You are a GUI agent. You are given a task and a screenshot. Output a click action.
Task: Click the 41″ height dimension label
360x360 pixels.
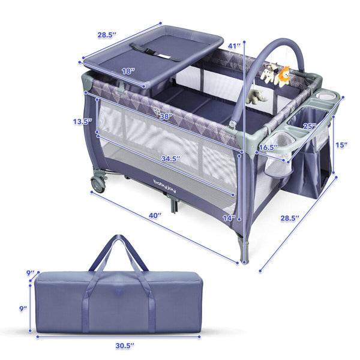(x=234, y=46)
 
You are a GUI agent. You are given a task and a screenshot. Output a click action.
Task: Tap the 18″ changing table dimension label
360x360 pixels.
(x=128, y=71)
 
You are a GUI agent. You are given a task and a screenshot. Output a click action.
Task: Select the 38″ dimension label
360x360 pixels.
(x=166, y=116)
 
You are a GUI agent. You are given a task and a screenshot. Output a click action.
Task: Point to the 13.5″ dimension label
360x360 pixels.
(x=83, y=121)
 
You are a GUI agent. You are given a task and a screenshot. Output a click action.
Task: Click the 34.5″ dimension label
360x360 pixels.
(x=170, y=158)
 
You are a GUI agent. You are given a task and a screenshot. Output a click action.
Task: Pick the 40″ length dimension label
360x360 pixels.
(x=155, y=215)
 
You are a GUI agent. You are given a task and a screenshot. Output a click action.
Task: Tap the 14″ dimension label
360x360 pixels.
(x=229, y=218)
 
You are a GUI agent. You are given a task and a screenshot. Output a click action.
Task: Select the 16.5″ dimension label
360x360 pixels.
(x=268, y=147)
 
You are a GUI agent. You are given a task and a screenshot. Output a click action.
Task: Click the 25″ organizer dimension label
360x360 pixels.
(x=310, y=126)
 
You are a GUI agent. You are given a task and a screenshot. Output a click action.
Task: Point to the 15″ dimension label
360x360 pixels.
(x=341, y=145)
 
